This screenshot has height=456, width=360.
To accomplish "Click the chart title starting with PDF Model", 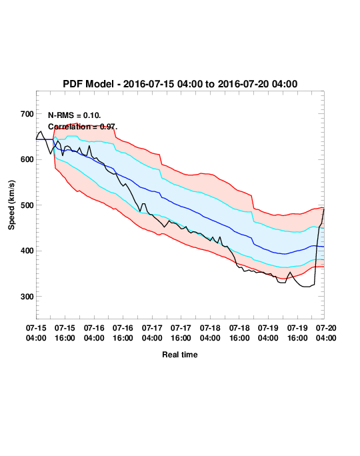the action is [x=180, y=84].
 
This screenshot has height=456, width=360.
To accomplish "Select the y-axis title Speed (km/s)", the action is [x=11, y=205].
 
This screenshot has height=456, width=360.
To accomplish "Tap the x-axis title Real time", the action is [x=180, y=355].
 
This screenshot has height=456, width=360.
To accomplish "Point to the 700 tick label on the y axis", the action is [x=27, y=114].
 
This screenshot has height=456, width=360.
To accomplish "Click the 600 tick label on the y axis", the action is [x=27, y=159].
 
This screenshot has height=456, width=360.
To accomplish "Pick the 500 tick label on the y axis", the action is [x=27, y=205].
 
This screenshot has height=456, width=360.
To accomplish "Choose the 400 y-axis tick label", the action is [x=27, y=251].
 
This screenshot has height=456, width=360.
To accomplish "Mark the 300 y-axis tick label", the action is [x=27, y=297].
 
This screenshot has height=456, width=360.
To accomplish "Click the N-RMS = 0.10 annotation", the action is [x=75, y=115].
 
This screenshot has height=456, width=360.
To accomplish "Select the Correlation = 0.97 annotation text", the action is [x=83, y=127].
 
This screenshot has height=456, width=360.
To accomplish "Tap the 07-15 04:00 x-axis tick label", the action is [x=36, y=333].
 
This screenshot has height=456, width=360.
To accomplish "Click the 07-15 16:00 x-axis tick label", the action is [x=65, y=333].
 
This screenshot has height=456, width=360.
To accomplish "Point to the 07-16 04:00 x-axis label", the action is [x=94, y=333].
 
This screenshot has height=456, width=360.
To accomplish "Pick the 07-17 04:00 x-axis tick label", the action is [x=152, y=333].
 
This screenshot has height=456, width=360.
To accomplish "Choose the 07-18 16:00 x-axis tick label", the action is [x=239, y=333].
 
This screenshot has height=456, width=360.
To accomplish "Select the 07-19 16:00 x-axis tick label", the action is [x=297, y=333].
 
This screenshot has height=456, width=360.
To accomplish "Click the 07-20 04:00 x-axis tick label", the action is [x=326, y=333].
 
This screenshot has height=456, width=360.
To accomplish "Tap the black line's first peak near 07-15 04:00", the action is [x=41, y=131].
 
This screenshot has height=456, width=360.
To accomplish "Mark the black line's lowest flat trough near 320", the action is [x=307, y=287].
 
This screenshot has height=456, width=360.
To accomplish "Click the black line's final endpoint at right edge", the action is [x=324, y=209].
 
